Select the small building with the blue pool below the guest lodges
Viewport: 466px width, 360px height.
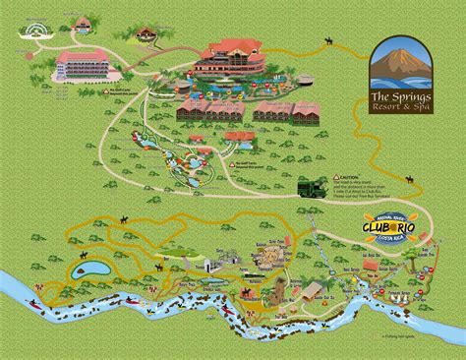[x=237, y=139]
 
